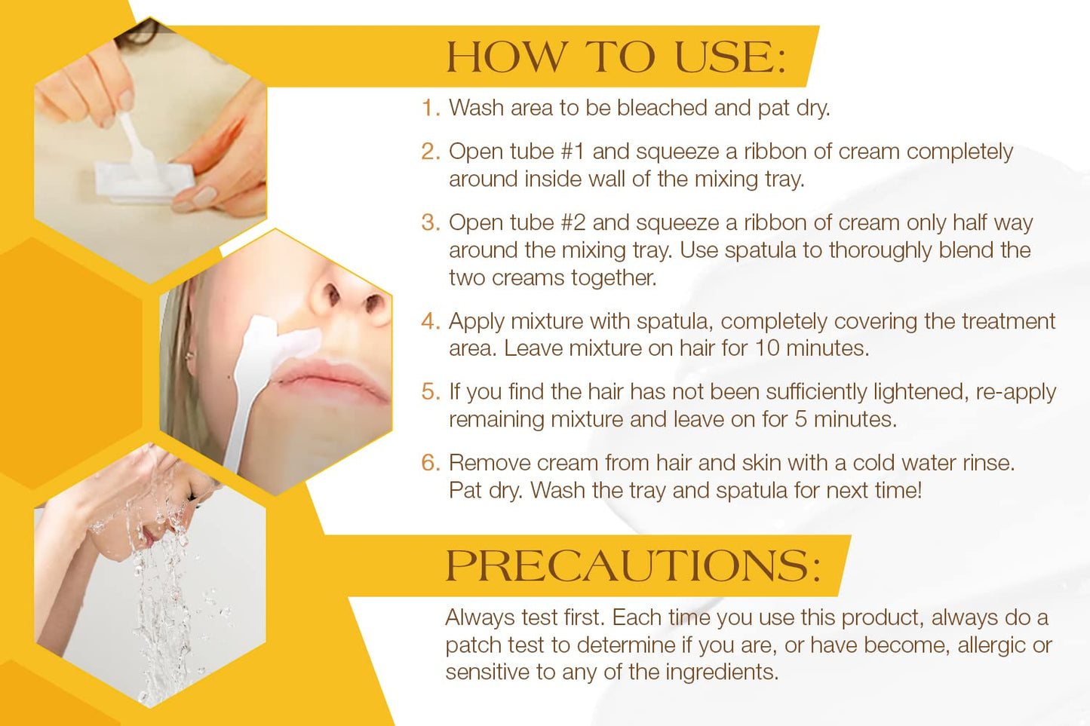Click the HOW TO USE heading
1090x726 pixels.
coord(616,57)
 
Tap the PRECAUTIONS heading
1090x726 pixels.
coord(632,565)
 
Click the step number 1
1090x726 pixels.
coord(429,108)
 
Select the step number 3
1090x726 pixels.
coord(429,222)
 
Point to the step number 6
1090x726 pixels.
coord(429,463)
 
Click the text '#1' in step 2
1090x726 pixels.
coord(573,152)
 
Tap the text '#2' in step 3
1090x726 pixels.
coord(573,222)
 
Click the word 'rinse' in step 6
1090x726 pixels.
coord(987,463)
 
